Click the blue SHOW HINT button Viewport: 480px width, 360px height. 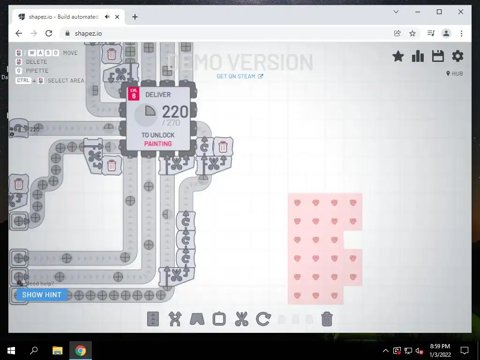click(x=42, y=295)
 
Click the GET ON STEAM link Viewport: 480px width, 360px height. click(x=240, y=76)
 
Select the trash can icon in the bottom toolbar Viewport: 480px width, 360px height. click(x=327, y=319)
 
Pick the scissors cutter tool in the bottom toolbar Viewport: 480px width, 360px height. click(x=241, y=319)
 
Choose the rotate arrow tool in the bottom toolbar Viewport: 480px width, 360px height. click(x=263, y=319)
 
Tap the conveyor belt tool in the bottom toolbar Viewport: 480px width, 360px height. click(x=153, y=319)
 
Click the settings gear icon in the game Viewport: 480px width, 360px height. click(x=457, y=56)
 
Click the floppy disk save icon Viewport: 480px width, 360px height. click(x=438, y=56)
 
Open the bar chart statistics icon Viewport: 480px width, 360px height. click(x=418, y=56)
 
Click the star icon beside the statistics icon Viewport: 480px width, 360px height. click(x=398, y=56)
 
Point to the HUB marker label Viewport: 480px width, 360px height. click(x=455, y=74)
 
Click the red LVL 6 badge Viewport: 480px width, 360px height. click(x=134, y=94)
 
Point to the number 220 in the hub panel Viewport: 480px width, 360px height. click(x=175, y=112)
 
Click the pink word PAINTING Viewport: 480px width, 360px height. click(x=158, y=144)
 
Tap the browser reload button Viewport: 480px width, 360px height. click(x=49, y=33)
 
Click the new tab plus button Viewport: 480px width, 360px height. click(x=135, y=17)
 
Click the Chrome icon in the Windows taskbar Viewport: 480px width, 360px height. click(x=81, y=351)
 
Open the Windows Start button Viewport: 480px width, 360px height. click(x=11, y=351)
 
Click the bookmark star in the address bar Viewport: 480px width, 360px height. click(x=412, y=33)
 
